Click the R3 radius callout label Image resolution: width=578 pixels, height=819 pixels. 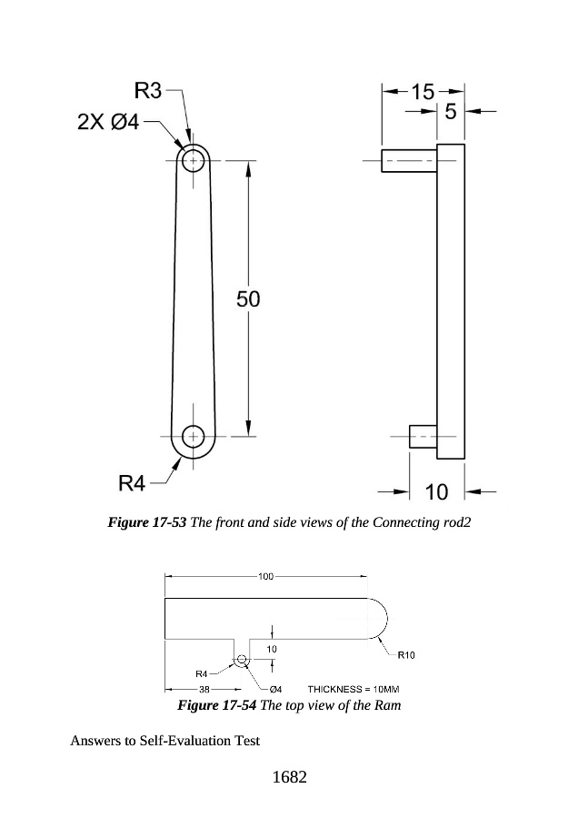(148, 91)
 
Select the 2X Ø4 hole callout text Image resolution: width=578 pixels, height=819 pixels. (108, 122)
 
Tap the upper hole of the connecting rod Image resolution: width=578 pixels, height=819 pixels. (194, 160)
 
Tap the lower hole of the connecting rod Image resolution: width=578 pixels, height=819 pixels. (194, 436)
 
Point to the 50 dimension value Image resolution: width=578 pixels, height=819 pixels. (248, 299)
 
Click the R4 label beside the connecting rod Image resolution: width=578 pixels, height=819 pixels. (132, 484)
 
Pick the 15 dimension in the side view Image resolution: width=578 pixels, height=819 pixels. (424, 92)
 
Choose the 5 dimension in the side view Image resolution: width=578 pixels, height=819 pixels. (451, 111)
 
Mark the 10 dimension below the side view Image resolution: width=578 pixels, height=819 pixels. (436, 492)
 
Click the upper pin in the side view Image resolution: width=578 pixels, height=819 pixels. (409, 160)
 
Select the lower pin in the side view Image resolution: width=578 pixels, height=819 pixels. (424, 436)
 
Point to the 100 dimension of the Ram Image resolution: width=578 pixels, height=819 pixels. (265, 576)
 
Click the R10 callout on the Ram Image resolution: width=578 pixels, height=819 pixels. (406, 655)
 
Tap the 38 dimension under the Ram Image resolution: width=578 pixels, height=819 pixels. (204, 690)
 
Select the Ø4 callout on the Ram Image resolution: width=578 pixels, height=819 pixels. (276, 690)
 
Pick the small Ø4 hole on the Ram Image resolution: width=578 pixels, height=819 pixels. (241, 659)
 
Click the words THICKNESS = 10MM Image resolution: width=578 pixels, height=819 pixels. (354, 690)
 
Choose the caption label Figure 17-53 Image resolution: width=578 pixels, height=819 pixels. (146, 522)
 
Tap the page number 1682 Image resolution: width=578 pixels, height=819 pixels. (290, 777)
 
